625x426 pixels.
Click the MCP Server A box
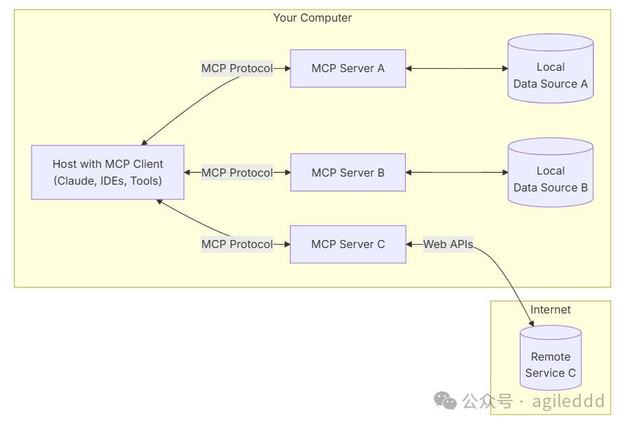pyautogui.click(x=348, y=69)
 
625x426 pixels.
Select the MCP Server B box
pyautogui.click(x=348, y=173)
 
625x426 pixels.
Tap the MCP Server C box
pyautogui.click(x=348, y=244)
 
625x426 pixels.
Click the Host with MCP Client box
pyautogui.click(x=108, y=172)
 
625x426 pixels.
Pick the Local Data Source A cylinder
pyautogui.click(x=550, y=69)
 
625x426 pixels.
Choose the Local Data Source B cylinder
pyautogui.click(x=550, y=173)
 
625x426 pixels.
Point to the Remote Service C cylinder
pyautogui.click(x=550, y=358)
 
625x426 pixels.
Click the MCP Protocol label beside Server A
pyautogui.click(x=237, y=69)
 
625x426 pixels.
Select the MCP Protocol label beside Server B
pyautogui.click(x=237, y=173)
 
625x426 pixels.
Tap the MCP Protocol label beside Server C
pyautogui.click(x=237, y=244)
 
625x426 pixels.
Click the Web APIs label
pyautogui.click(x=448, y=244)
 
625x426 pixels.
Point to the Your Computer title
pyautogui.click(x=313, y=18)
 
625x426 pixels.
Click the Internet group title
pyautogui.click(x=550, y=309)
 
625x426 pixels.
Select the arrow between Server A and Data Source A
pyautogui.click(x=457, y=69)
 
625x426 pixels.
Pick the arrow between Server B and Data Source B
pyautogui.click(x=457, y=173)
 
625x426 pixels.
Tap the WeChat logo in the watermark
pyautogui.click(x=445, y=400)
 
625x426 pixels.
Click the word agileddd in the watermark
pyautogui.click(x=568, y=401)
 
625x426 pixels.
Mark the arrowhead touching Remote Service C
pyautogui.click(x=531, y=323)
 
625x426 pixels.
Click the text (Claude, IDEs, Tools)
pyautogui.click(x=108, y=181)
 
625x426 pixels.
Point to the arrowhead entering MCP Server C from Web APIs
pyautogui.click(x=409, y=244)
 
